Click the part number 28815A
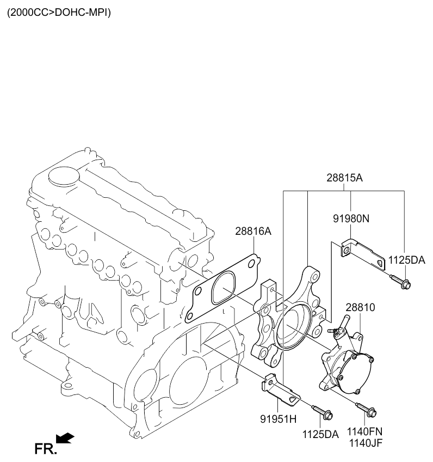344,178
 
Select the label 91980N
351,218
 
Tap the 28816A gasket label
253,232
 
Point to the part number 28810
360,308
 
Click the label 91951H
279,419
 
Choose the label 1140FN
364,431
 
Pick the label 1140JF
366,443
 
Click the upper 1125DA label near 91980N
406,260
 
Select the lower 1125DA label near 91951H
320,434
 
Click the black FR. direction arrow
65,438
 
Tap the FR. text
45,449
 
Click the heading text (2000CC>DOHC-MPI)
59,13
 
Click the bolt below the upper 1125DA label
401,281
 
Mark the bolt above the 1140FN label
366,410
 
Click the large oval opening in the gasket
224,287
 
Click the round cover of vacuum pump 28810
356,373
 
